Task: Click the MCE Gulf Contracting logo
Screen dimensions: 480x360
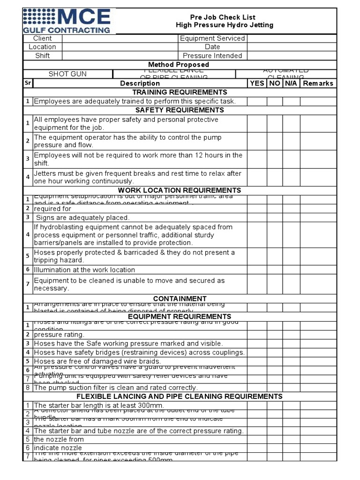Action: coord(67,21)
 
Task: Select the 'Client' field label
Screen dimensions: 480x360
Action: coord(42,38)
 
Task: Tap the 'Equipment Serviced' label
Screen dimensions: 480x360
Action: coord(212,38)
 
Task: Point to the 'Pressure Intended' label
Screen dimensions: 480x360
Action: coord(212,56)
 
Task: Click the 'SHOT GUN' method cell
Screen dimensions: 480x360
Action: coord(67,74)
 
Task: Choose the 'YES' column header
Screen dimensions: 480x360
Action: coord(257,83)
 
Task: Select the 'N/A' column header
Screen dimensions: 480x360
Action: coord(291,83)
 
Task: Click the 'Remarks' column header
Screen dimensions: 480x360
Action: coord(318,83)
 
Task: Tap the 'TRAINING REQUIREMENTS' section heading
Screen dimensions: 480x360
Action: coord(180,92)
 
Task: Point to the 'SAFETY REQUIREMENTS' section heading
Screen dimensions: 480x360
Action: coord(180,110)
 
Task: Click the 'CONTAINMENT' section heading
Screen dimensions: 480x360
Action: coord(180,299)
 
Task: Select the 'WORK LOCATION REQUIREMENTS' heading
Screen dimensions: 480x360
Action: coord(180,190)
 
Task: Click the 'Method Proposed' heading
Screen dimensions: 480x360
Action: coord(179,65)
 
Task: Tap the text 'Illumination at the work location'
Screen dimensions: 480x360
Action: coord(84,270)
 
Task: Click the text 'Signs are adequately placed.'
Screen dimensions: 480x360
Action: coord(82,218)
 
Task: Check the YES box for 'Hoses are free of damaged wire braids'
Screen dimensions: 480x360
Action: coord(257,361)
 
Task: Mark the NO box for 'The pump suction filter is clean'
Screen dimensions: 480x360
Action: coord(275,388)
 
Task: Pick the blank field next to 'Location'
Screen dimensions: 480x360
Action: coord(120,47)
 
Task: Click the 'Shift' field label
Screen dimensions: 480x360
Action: coord(42,56)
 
